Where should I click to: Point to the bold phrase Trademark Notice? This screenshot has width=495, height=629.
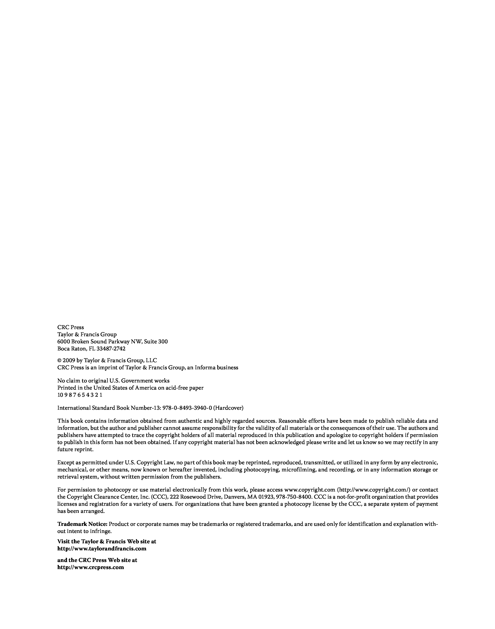click(x=83, y=524)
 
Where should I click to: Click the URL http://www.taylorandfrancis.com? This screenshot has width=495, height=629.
click(x=102, y=548)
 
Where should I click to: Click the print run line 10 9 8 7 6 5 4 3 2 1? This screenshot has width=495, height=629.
click(x=80, y=395)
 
